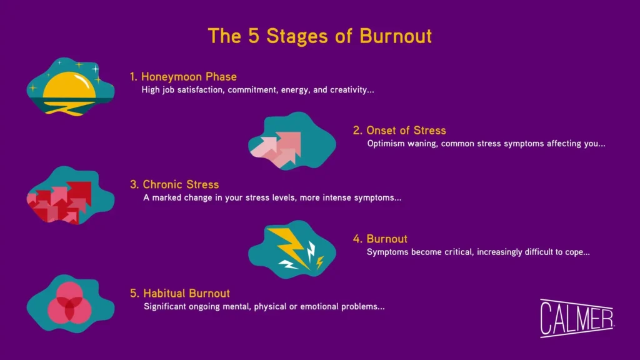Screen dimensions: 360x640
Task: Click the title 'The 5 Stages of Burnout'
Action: (x=319, y=36)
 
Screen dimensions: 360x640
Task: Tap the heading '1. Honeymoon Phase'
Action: (x=183, y=77)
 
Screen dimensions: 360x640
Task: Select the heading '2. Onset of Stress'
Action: (x=399, y=131)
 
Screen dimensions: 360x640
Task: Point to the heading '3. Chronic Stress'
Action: (x=174, y=185)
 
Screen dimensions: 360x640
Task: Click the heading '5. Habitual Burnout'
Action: (x=180, y=293)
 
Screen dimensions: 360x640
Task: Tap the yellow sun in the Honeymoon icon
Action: (x=70, y=86)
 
